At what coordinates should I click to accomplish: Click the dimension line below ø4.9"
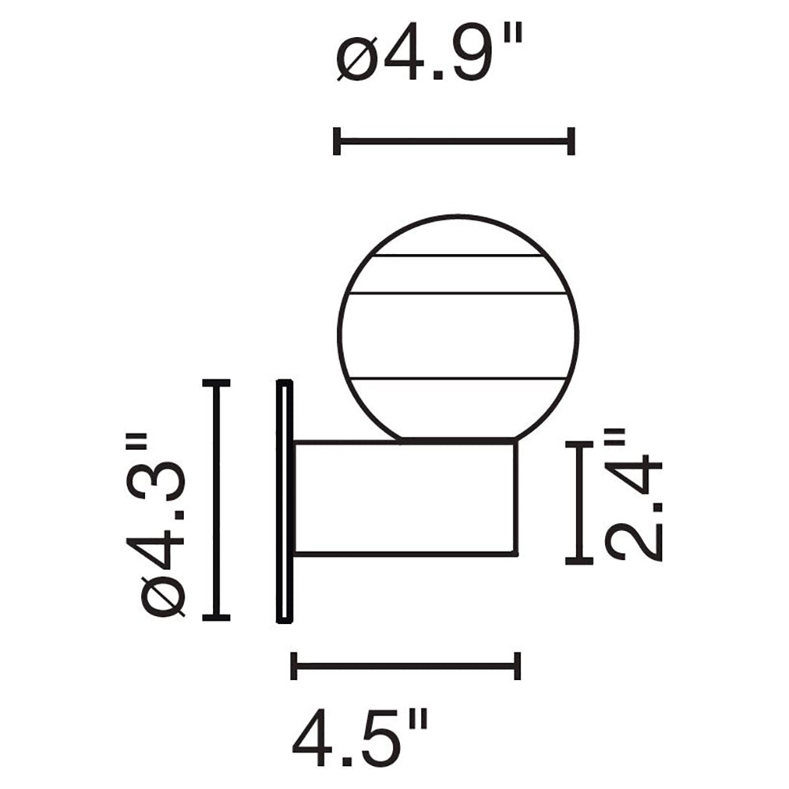454,141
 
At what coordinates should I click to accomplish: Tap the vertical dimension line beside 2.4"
579,503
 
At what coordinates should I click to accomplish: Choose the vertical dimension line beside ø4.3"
216,499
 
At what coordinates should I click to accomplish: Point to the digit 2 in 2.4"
633,540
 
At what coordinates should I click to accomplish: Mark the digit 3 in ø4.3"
164,473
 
